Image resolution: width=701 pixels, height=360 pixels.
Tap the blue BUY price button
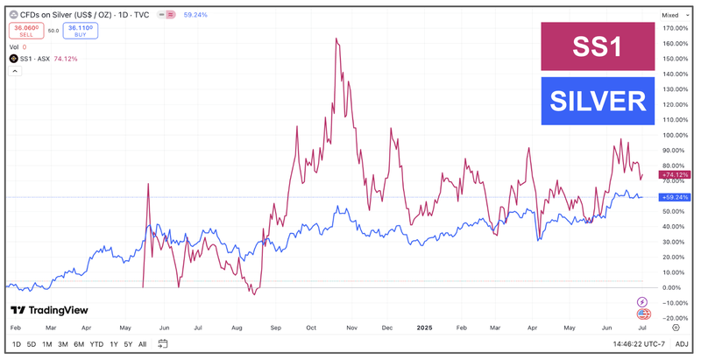81,29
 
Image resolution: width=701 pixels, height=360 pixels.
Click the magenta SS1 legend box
597,47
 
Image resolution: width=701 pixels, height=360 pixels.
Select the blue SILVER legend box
597,102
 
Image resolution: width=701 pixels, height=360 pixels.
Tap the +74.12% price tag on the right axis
676,175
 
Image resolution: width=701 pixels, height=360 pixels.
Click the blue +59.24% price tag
676,197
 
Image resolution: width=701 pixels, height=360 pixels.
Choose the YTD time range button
96,344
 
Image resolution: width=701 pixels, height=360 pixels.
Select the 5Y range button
128,344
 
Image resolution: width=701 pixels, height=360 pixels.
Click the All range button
143,344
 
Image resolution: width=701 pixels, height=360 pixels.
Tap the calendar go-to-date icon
163,344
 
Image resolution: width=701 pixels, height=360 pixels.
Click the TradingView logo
49,310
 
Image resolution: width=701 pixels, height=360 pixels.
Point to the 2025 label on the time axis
424,327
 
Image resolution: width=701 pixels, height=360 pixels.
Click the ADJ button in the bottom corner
682,344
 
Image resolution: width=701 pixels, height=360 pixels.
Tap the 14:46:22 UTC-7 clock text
629,344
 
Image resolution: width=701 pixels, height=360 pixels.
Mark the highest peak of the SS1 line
337,39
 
